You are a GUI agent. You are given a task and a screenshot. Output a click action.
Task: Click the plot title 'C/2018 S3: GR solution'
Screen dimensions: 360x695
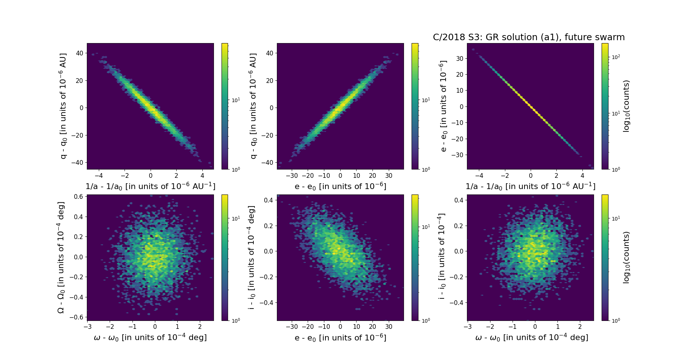tap(528, 37)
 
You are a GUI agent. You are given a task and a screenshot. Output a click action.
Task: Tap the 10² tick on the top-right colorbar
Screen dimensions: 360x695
tap(615, 57)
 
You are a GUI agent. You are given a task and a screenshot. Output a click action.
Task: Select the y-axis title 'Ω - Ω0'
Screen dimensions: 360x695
tap(61, 258)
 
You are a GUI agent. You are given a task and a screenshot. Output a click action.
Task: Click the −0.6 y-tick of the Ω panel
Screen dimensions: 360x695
tap(78, 317)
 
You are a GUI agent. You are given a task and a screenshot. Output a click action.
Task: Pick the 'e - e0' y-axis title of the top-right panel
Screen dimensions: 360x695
tap(443, 106)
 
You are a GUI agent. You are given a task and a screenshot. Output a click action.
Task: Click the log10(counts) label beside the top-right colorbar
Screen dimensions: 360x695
tap(627, 106)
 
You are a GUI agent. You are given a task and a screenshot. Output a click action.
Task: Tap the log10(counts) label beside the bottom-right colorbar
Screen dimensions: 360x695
tap(627, 258)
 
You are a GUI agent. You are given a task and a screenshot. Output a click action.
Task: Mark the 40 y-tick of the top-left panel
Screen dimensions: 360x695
tap(79, 53)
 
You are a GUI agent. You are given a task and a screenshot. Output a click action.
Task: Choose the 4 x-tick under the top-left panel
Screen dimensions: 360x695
tap(202, 176)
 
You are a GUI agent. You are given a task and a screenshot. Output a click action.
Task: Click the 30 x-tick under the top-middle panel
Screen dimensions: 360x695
tap(389, 176)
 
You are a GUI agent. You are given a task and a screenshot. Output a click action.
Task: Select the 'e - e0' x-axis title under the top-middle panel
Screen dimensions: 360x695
tap(340, 187)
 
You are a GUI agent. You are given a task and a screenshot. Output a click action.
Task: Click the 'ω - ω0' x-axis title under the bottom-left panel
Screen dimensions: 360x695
tap(150, 338)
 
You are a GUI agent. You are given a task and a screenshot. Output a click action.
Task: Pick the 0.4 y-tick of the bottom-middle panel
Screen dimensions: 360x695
tap(269, 200)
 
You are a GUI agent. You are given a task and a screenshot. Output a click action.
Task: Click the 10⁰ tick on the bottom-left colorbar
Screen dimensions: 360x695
tap(236, 321)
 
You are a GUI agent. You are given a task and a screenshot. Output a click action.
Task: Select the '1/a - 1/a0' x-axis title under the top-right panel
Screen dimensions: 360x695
tap(530, 186)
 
